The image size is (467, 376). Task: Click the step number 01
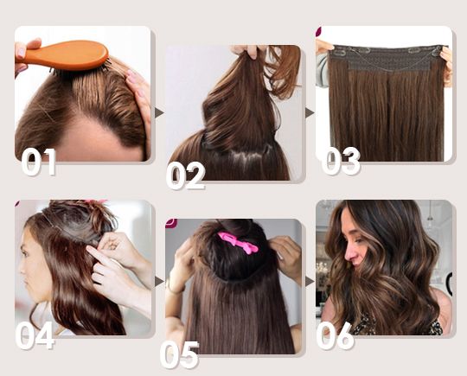coord(39,163)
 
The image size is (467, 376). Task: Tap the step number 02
coord(186,175)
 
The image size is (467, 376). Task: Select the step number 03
coord(341,161)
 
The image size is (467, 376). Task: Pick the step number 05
coord(179,355)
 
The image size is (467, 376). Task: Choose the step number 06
coord(336,335)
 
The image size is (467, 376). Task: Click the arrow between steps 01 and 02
coord(159,113)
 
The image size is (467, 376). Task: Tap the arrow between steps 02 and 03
coord(310,113)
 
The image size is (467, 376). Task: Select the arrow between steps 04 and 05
coord(159,281)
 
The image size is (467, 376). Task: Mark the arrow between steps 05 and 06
coord(310,281)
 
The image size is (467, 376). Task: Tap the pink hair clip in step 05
coord(238,242)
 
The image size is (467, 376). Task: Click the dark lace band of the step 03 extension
coord(387,58)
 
